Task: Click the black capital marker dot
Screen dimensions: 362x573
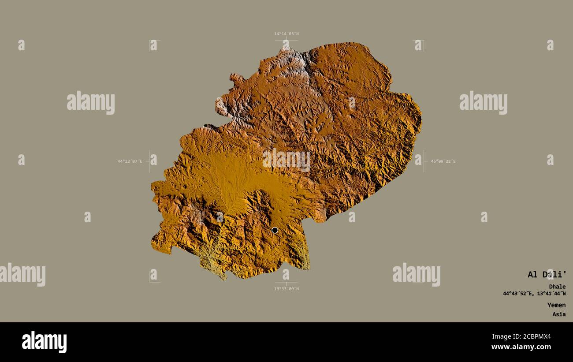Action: click(x=275, y=230)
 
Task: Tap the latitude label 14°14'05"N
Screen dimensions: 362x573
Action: click(x=286, y=34)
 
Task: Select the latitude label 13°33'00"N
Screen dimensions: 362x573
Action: click(x=286, y=289)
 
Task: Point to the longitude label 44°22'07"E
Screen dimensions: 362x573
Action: click(x=130, y=161)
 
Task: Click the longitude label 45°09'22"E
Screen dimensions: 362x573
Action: click(x=443, y=161)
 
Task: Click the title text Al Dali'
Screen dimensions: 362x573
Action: click(x=547, y=275)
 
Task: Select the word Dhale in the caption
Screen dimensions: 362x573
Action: click(x=557, y=287)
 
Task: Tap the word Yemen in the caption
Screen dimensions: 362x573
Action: click(x=556, y=305)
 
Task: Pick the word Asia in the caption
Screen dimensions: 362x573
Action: click(x=559, y=314)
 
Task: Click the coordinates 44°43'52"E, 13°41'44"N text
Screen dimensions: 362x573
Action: click(x=534, y=294)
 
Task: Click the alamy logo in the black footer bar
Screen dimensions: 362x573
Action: click(x=44, y=342)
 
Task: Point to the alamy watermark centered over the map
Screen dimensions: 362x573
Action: click(x=286, y=160)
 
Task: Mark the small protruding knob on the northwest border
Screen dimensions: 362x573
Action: click(x=236, y=79)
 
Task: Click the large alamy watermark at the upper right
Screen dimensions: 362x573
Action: click(x=483, y=103)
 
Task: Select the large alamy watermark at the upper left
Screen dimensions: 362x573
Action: click(x=91, y=103)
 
